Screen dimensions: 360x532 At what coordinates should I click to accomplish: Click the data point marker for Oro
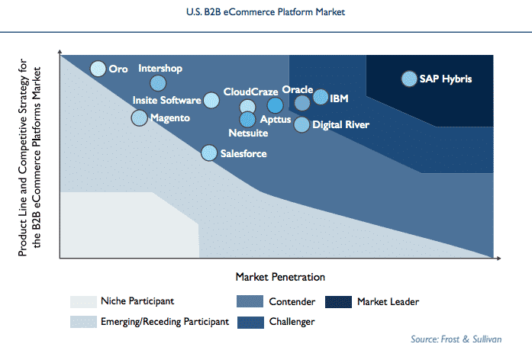[98, 69]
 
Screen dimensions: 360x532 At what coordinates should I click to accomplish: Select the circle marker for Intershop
[158, 83]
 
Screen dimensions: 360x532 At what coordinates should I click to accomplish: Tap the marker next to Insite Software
[211, 100]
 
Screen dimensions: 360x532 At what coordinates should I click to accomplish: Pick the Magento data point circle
[139, 118]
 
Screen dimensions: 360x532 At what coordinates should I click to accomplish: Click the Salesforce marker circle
[209, 153]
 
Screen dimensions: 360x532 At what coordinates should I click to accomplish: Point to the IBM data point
[321, 97]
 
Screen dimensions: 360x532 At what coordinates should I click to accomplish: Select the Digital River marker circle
[302, 124]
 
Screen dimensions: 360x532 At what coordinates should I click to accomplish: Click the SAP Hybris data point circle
[409, 79]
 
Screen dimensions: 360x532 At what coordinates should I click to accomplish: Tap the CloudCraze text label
[250, 92]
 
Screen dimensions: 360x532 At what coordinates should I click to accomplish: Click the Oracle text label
[297, 89]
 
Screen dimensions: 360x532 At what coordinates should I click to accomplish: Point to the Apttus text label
[275, 119]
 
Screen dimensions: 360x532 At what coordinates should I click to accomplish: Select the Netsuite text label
[247, 133]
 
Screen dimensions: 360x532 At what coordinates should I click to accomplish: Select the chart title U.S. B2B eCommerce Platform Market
[266, 12]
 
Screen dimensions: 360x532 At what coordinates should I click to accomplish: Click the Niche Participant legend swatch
[83, 301]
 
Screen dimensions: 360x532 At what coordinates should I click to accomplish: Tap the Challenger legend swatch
[251, 322]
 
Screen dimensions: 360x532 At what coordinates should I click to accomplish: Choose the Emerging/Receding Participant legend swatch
[83, 322]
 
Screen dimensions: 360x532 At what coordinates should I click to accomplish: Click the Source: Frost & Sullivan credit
[459, 338]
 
